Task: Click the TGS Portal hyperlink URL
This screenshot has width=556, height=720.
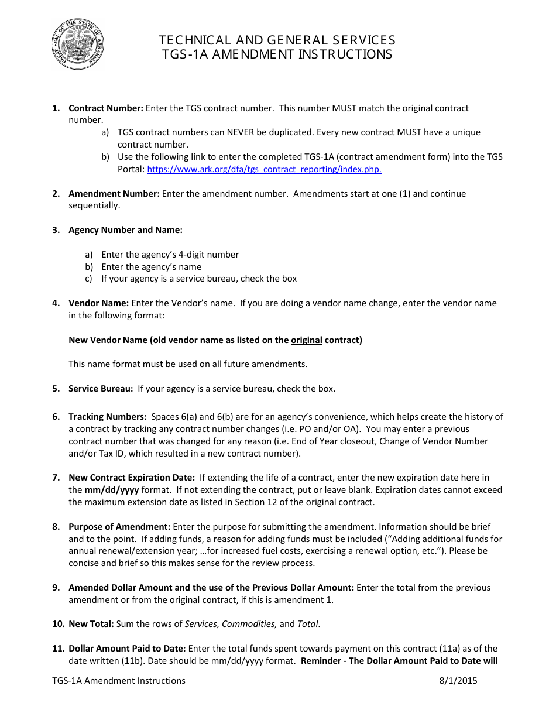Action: tap(264, 169)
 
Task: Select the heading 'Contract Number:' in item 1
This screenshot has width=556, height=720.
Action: tap(106, 108)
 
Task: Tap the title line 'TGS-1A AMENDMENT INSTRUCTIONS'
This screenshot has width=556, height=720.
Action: tap(277, 54)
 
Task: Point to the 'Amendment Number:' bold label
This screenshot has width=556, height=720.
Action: tap(114, 194)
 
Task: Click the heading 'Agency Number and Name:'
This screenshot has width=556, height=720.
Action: tap(126, 230)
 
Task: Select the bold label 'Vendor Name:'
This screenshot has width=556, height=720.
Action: tap(98, 303)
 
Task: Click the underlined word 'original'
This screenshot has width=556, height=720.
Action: tap(307, 340)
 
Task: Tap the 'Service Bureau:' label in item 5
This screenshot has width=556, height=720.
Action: tap(101, 389)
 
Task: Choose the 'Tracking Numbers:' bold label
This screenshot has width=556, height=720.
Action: tap(108, 417)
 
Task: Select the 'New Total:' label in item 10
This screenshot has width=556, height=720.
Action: tap(91, 624)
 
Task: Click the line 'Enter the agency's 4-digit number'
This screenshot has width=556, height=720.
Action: tap(170, 255)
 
